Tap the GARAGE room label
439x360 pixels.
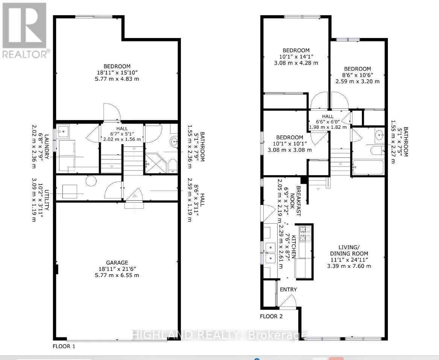(x=117, y=263)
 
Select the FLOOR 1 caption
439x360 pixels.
(x=64, y=346)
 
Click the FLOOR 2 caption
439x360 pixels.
(x=271, y=316)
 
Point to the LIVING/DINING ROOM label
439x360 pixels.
(x=349, y=250)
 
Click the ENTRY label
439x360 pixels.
(x=289, y=289)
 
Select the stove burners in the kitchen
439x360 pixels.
(x=304, y=234)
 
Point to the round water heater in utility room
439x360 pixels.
(x=91, y=181)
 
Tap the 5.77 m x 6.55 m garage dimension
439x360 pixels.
(x=117, y=275)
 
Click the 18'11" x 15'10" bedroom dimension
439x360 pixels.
(x=117, y=73)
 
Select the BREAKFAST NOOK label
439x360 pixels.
(x=295, y=201)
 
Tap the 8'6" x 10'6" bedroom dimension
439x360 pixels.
(x=357, y=75)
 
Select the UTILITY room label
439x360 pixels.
(x=47, y=200)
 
